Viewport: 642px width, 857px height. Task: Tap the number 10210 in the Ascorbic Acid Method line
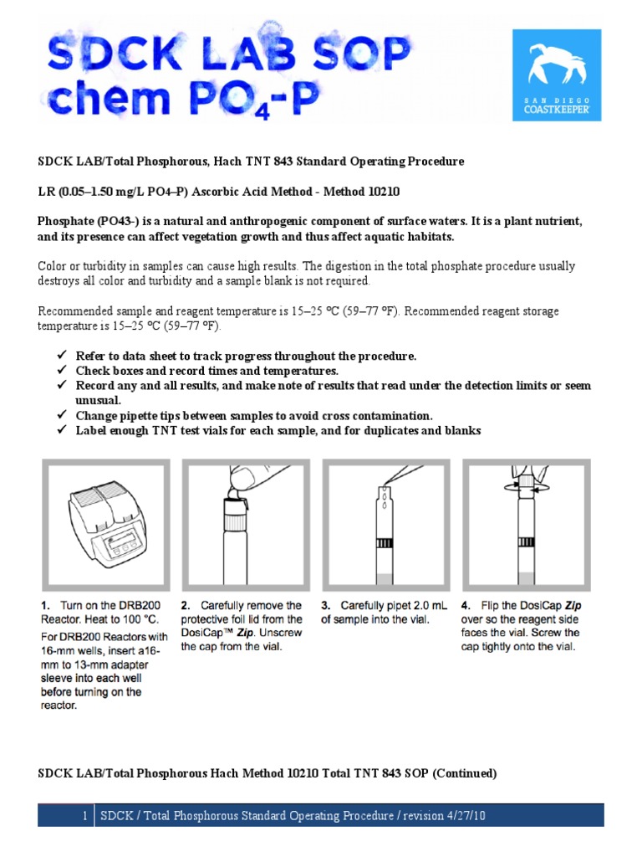pos(383,192)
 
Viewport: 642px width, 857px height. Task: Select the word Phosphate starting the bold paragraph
pos(66,222)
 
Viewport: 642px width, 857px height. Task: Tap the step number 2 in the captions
pos(186,605)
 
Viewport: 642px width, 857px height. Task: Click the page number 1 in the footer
pos(84,816)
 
